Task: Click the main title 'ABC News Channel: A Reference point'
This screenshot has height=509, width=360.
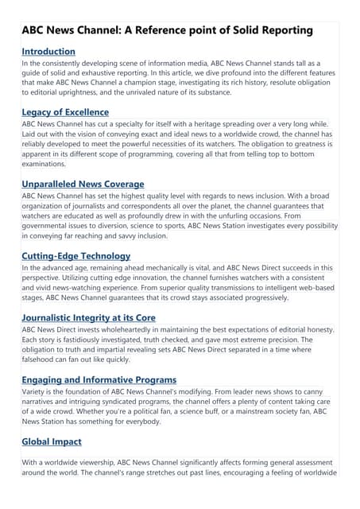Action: click(167, 30)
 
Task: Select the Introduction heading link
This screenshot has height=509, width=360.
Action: click(48, 52)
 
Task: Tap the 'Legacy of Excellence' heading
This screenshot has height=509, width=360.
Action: click(65, 112)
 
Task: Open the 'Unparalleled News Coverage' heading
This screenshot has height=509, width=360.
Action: click(83, 184)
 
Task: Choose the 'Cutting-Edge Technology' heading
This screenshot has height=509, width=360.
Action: click(75, 256)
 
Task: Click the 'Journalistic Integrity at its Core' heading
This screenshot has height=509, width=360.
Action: click(88, 318)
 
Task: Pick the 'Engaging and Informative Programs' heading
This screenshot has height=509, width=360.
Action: click(99, 380)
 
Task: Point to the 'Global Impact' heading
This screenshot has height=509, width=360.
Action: click(52, 441)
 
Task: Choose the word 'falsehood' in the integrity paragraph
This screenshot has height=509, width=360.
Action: click(44, 359)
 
